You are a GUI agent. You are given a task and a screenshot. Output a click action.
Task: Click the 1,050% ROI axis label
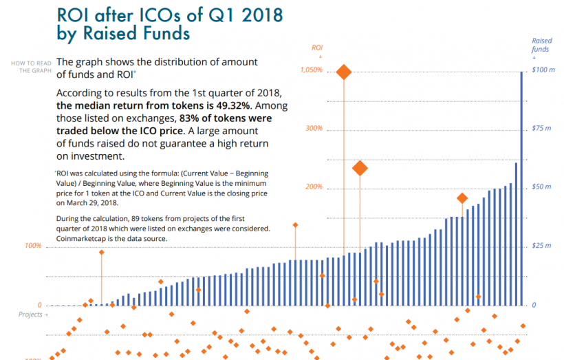[311, 70]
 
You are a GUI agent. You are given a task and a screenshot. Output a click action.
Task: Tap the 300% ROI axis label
[314, 129]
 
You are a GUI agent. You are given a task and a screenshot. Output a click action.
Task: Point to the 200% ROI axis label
[314, 187]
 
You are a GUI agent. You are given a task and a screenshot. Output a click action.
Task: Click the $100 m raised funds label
[543, 70]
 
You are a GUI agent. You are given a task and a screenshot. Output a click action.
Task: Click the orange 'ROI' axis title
[317, 47]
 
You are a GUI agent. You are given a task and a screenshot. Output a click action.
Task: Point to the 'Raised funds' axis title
[541, 45]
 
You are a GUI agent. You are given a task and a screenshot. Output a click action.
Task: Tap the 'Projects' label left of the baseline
[32, 315]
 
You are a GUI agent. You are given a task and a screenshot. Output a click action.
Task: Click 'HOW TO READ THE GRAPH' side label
[31, 67]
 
